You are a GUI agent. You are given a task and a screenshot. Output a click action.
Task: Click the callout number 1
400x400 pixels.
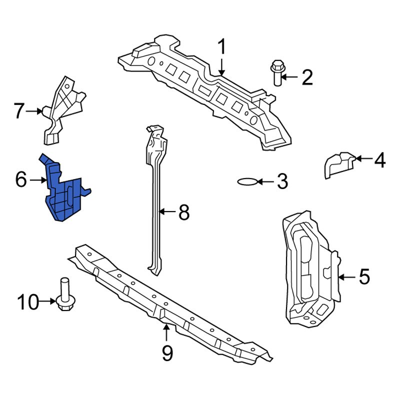221,48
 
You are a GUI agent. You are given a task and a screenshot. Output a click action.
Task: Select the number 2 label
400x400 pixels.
306,77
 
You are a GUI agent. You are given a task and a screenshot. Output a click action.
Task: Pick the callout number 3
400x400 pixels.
282,181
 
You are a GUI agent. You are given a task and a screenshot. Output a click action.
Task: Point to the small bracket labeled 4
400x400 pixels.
337,164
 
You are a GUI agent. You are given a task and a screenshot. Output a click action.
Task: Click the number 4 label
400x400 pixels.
379,160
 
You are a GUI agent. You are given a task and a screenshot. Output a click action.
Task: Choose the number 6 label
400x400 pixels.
20,179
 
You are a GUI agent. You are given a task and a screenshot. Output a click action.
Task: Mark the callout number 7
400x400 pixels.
19,111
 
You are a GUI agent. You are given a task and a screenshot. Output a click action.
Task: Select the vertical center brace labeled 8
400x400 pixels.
156,200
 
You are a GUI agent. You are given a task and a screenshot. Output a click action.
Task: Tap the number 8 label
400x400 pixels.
184,213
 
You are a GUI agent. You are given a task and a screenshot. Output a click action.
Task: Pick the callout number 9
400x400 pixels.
167,354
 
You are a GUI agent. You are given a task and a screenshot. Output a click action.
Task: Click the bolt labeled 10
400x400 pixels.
64,295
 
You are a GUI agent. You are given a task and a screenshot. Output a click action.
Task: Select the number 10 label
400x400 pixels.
27,301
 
